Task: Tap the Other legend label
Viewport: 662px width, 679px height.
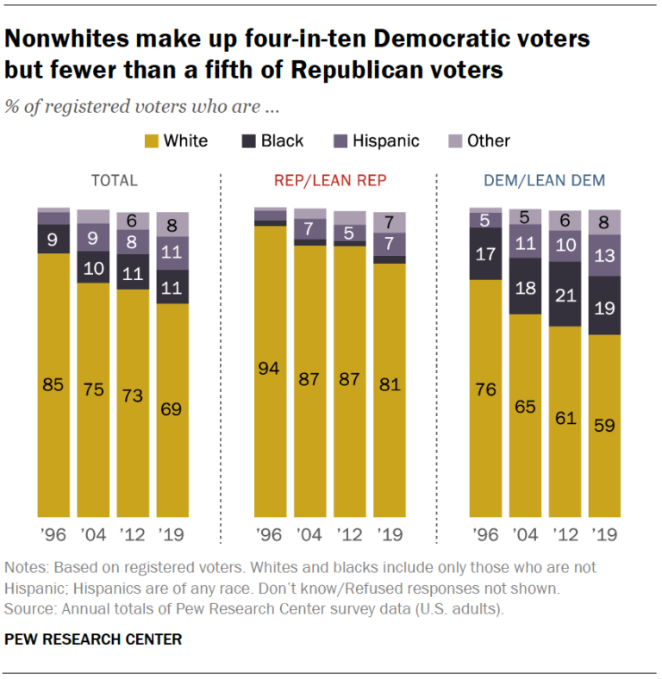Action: click(489, 140)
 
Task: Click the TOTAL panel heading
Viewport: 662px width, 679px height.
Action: click(115, 181)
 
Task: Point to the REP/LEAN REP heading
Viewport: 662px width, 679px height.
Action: click(329, 181)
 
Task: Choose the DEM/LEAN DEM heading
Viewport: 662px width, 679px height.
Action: click(544, 181)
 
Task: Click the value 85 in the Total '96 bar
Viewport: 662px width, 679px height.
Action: click(53, 385)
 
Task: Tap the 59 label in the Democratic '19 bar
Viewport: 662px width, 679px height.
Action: click(603, 425)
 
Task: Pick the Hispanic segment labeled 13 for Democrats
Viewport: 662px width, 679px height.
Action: click(603, 255)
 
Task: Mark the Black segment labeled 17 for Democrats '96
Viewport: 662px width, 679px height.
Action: click(484, 254)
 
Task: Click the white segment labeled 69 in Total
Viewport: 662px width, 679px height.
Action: click(172, 410)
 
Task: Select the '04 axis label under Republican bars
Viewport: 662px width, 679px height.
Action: click(309, 534)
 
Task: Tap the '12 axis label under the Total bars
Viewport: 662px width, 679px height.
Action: click(133, 534)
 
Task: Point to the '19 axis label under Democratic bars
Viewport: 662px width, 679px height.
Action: click(603, 534)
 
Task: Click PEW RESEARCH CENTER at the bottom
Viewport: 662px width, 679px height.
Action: click(93, 639)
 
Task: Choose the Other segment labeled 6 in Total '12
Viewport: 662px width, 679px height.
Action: click(133, 221)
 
